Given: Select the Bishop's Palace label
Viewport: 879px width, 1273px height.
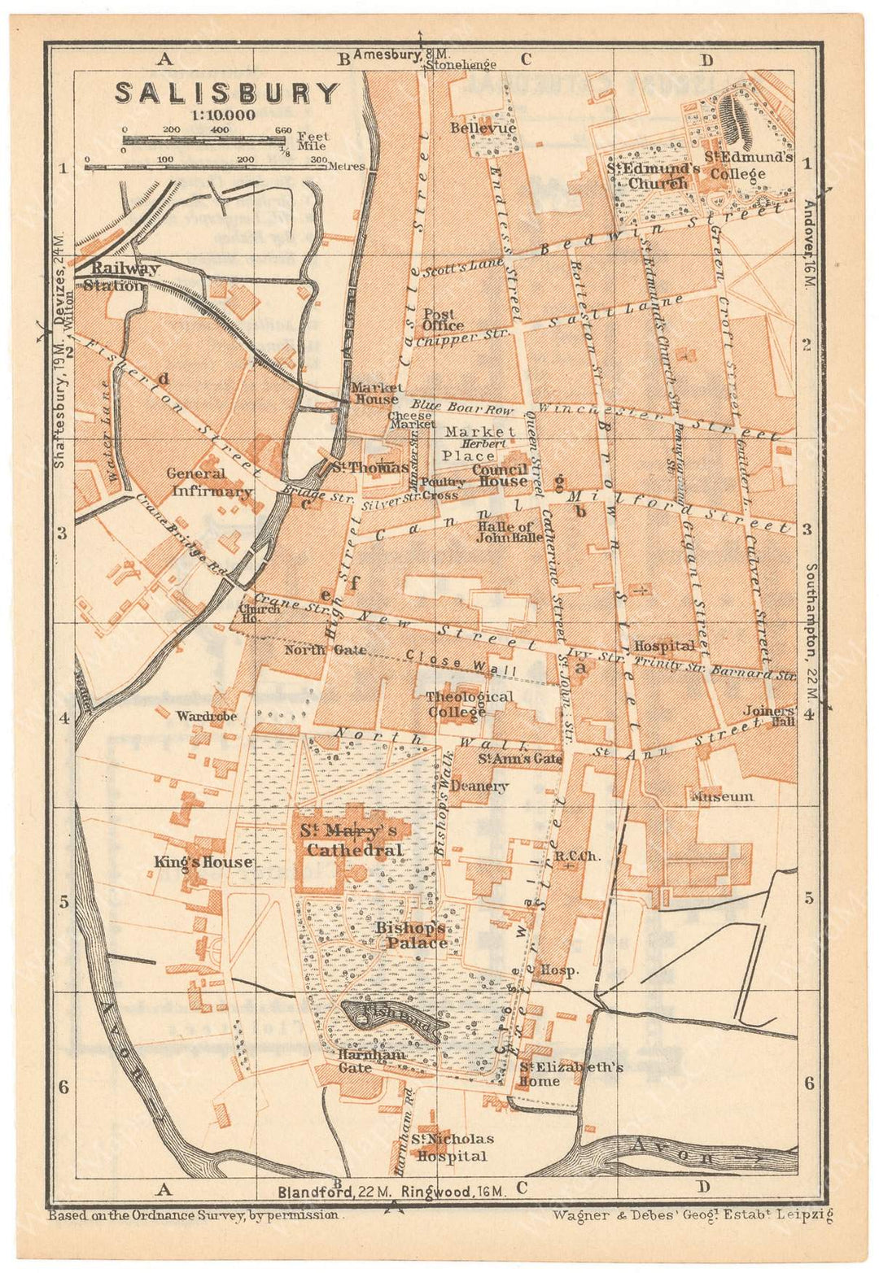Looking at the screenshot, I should coord(411,935).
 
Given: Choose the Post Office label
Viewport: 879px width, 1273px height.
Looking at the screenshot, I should coord(439,320).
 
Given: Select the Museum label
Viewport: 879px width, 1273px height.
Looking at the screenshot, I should coord(722,796).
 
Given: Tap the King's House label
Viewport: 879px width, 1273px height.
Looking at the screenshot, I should coord(203,862).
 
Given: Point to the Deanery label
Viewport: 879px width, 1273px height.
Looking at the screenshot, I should coord(479,787).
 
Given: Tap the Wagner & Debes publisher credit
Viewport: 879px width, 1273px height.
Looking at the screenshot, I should coord(693,1215).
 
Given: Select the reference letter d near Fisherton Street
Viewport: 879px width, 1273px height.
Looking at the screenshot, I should coord(164,378).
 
